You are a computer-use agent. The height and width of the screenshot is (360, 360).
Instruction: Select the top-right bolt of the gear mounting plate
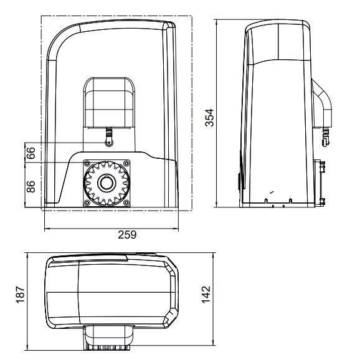coord(127,163)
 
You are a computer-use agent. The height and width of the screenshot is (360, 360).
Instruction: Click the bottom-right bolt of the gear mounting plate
coord(127,204)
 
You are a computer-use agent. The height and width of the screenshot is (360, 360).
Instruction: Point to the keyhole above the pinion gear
coord(109,142)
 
